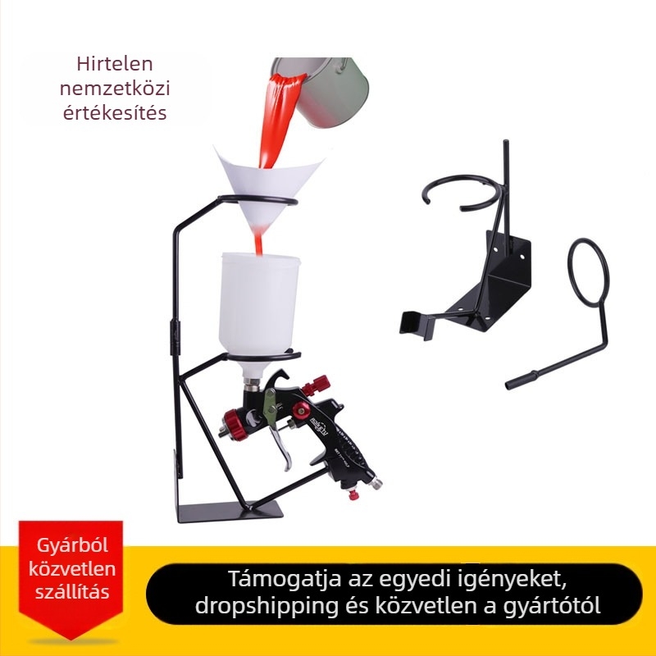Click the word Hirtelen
pyautogui.click(x=115, y=64)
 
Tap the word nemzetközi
pyautogui.click(x=115, y=89)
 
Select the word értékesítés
pyautogui.click(x=115, y=112)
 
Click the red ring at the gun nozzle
pyautogui.click(x=235, y=425)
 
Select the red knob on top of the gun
pyautogui.click(x=317, y=385)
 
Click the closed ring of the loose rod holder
pyautogui.click(x=588, y=273)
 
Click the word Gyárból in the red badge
pyautogui.click(x=72, y=545)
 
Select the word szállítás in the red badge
pyautogui.click(x=72, y=592)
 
